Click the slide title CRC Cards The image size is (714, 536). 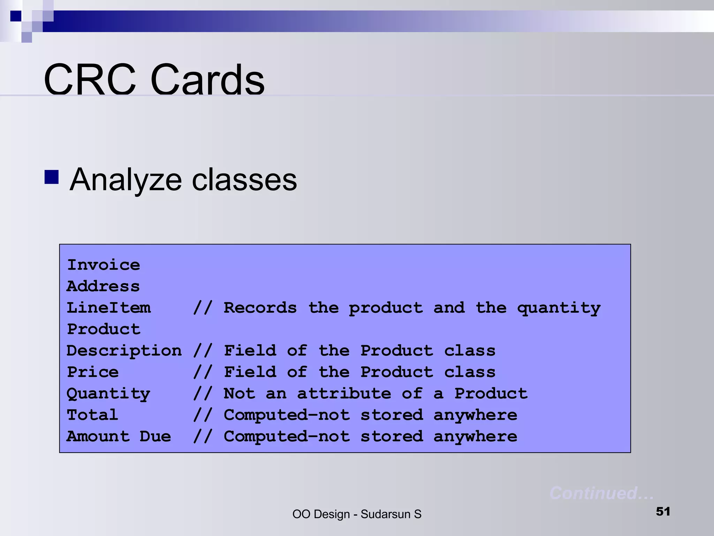coord(154,80)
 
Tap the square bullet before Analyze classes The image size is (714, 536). coord(52,177)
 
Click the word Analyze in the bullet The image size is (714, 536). coord(126,180)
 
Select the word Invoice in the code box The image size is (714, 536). coord(104,265)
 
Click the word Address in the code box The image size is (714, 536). coord(103,286)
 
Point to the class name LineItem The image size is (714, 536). coord(109,308)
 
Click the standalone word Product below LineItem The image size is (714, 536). coord(104,329)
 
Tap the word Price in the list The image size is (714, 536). coord(93,372)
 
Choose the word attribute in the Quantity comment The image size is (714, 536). coord(344,394)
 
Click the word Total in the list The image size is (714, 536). coord(92,415)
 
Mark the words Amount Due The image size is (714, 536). coord(119,437)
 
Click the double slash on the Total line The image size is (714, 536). coord(203,415)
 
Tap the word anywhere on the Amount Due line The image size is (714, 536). coord(475,437)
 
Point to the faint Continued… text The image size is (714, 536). coord(601,493)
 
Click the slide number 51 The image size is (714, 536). coord(663,512)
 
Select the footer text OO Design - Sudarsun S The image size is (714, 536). coord(357,514)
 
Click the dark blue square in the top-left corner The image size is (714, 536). coord(16,16)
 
